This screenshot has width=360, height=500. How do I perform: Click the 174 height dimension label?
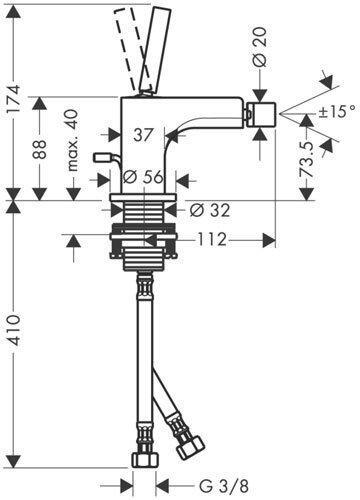click(15, 99)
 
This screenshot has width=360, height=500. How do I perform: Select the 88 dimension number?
click(41, 149)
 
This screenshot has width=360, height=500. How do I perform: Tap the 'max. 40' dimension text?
click(73, 140)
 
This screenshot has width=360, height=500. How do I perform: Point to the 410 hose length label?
click(15, 330)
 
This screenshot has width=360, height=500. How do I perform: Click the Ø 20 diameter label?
click(260, 46)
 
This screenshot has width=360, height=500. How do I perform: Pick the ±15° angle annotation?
click(337, 111)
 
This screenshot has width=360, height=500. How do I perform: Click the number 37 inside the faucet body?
click(143, 135)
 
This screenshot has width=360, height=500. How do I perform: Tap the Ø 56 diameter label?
click(143, 177)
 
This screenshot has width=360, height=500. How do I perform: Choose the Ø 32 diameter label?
click(210, 211)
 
